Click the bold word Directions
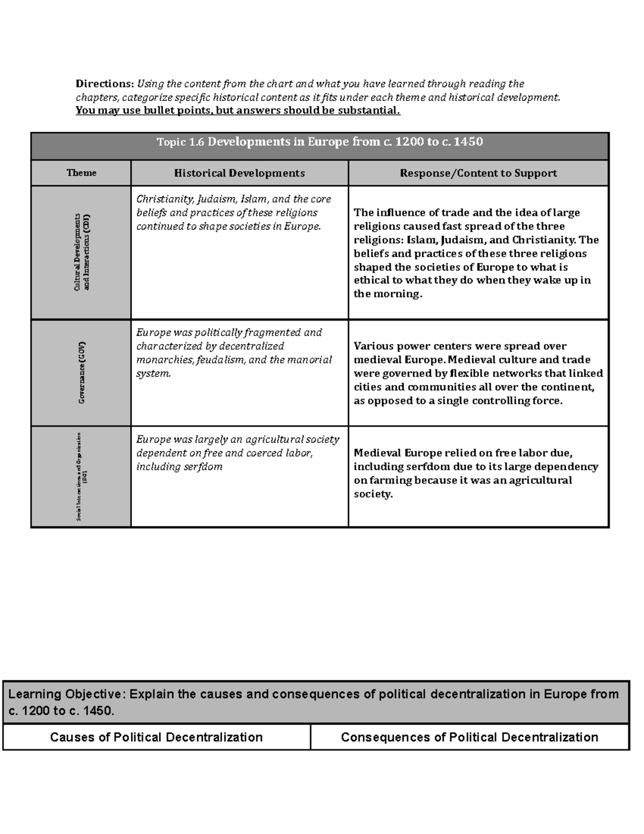104,84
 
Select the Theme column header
81,173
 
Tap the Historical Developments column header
239,173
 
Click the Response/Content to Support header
478,173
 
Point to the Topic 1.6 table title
320,142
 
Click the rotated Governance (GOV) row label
82,372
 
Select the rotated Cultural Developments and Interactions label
82,252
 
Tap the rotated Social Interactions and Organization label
82,476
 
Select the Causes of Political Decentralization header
156,737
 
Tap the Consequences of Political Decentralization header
470,737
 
